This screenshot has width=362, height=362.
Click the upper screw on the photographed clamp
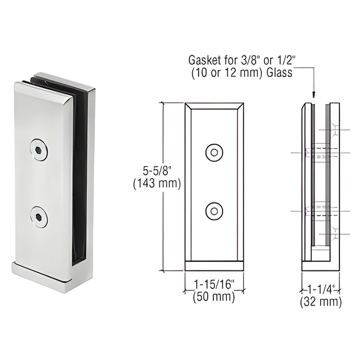click(39, 150)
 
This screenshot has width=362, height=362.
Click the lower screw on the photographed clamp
click(39, 217)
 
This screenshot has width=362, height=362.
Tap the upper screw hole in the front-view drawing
click(214, 153)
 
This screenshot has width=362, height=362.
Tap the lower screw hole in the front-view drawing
click(214, 211)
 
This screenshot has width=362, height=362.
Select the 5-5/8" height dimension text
click(157, 171)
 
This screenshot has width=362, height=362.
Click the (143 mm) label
click(157, 184)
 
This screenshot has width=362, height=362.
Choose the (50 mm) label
click(214, 297)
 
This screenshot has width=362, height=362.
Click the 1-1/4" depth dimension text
click(321, 290)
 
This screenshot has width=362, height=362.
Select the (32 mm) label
click(321, 302)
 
